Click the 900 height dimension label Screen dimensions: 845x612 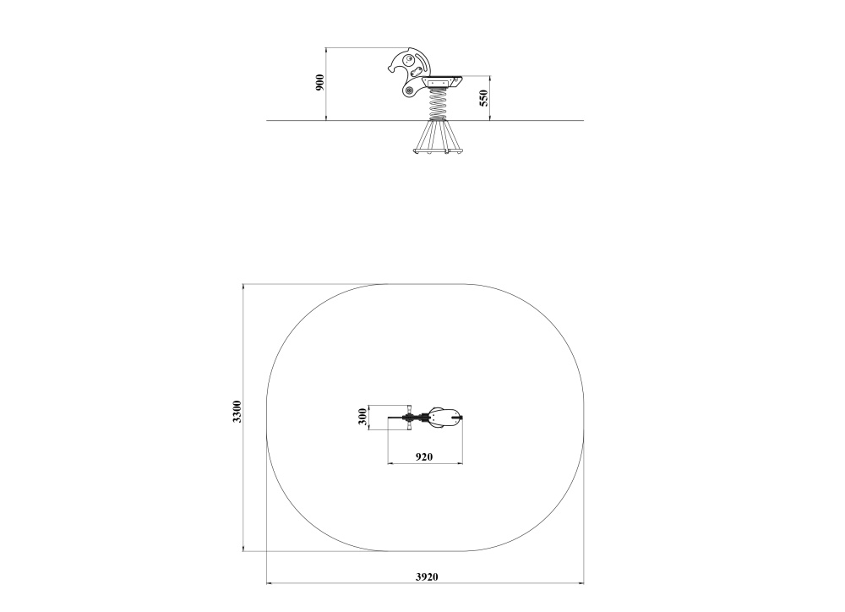(x=320, y=83)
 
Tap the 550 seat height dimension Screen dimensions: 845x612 (x=483, y=98)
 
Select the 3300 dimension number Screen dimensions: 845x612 (x=237, y=412)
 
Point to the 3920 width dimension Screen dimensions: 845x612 (x=427, y=576)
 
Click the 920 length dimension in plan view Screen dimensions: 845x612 (x=424, y=456)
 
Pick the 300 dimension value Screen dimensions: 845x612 (x=363, y=418)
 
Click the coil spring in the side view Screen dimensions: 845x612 (x=439, y=105)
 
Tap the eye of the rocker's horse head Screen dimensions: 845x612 (x=410, y=58)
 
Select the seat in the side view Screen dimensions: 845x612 (x=444, y=81)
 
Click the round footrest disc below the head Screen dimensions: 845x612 (x=409, y=90)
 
